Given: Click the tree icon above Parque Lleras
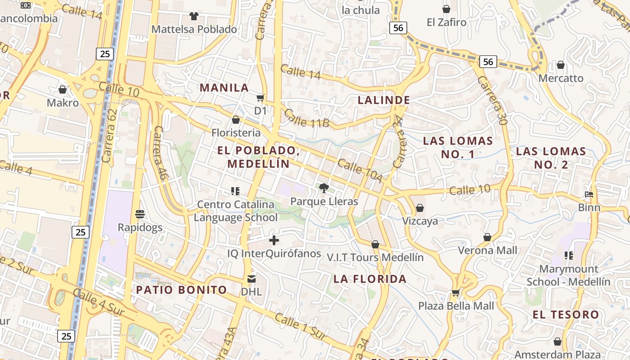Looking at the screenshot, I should click(x=324, y=188).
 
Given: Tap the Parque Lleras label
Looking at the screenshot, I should click(x=324, y=201).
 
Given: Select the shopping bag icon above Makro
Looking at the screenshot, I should click(x=63, y=90).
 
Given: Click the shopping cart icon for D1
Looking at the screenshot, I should click(x=260, y=98).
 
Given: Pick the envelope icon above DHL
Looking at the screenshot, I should click(x=251, y=279).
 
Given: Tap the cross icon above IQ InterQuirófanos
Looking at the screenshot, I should click(x=274, y=240).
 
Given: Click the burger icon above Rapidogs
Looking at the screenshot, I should click(x=140, y=214).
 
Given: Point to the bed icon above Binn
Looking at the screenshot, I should click(x=589, y=194).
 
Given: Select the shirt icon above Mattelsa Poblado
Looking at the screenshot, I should click(x=194, y=16).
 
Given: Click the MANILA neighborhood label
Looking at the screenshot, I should click(x=224, y=87).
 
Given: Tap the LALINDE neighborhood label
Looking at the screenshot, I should click(x=384, y=100).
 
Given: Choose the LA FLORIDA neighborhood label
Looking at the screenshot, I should click(x=370, y=279).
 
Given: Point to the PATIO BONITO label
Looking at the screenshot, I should click(x=181, y=289).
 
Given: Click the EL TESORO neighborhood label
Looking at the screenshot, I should click(x=566, y=314).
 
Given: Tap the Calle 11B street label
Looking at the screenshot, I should click(x=307, y=119).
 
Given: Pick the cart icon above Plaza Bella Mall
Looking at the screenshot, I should click(x=455, y=293).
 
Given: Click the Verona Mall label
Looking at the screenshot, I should click(x=487, y=250).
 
